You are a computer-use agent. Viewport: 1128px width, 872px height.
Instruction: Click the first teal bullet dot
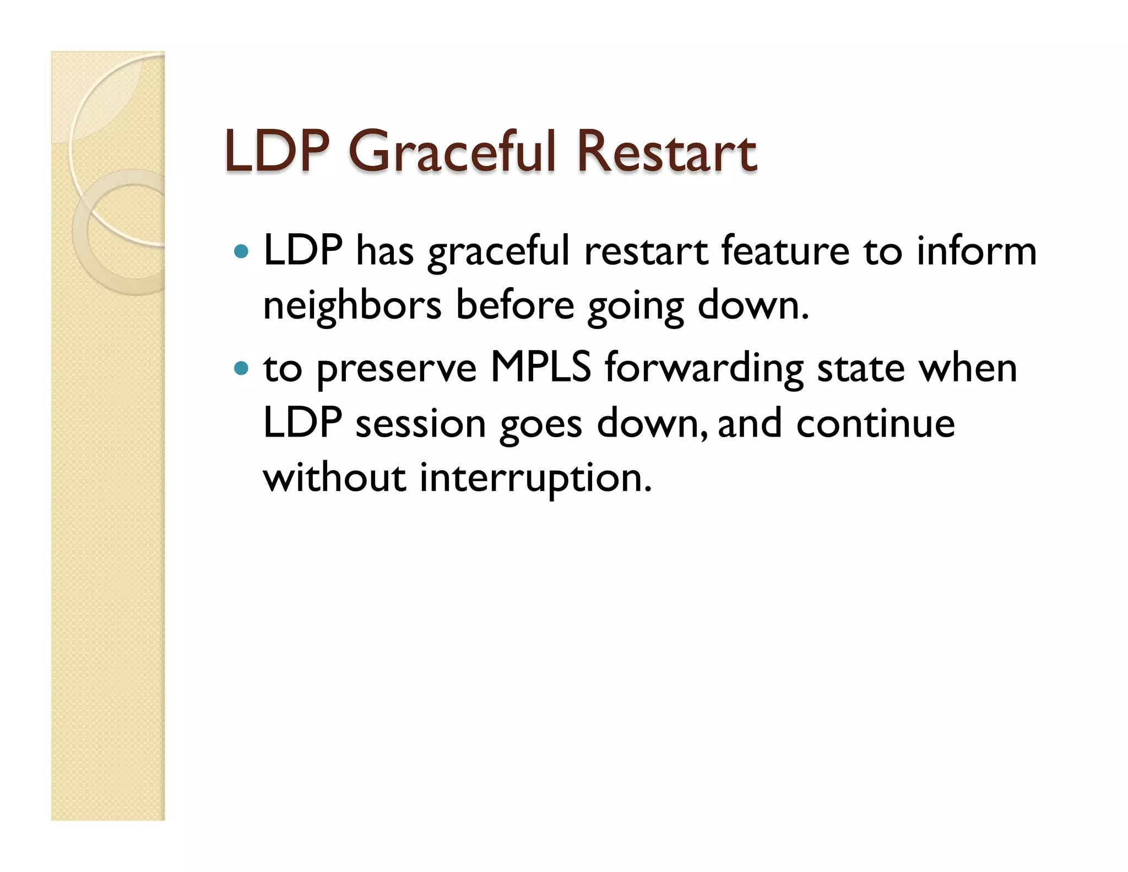coord(241,252)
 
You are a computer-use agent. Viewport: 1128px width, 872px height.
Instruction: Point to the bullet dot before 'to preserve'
coord(241,368)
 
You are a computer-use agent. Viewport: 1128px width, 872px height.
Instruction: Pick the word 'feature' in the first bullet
coord(785,251)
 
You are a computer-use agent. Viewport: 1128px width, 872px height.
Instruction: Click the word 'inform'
coord(976,251)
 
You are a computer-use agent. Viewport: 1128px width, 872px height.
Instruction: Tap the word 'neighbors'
coord(352,306)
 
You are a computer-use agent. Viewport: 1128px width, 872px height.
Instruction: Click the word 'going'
coord(636,307)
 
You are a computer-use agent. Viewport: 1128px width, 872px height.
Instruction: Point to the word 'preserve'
coord(397,369)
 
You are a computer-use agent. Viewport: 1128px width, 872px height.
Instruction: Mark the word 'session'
coord(420,424)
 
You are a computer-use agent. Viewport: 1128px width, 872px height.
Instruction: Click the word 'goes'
coord(540,425)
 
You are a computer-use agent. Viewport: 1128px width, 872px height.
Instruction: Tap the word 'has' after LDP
coord(384,251)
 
